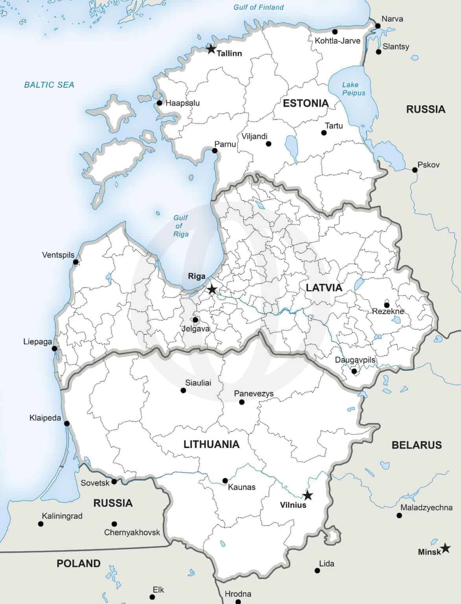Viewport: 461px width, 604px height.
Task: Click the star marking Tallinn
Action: (211, 49)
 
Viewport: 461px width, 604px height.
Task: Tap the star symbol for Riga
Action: (212, 290)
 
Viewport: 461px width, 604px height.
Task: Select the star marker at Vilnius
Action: (308, 495)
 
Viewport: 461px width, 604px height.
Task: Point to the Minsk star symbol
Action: (445, 548)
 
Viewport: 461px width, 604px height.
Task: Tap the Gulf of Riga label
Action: (181, 226)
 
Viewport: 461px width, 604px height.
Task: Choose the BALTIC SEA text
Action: (49, 85)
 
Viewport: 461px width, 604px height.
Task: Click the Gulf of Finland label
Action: (258, 7)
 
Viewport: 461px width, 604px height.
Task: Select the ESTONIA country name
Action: (306, 103)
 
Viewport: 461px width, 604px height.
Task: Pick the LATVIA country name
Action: (324, 288)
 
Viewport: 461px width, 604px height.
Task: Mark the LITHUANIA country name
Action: (211, 444)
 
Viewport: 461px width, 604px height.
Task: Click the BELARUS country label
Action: (417, 445)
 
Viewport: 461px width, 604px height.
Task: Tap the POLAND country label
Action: (79, 563)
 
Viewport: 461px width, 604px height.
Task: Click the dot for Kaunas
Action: (225, 481)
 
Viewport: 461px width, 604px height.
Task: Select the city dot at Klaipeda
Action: (67, 424)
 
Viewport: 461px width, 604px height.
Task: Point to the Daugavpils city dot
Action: (354, 371)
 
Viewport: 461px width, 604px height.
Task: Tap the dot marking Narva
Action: (378, 26)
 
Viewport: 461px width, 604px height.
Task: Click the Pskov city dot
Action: (415, 170)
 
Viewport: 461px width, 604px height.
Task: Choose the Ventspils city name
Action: (58, 255)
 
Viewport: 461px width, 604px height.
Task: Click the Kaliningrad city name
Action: (62, 516)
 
